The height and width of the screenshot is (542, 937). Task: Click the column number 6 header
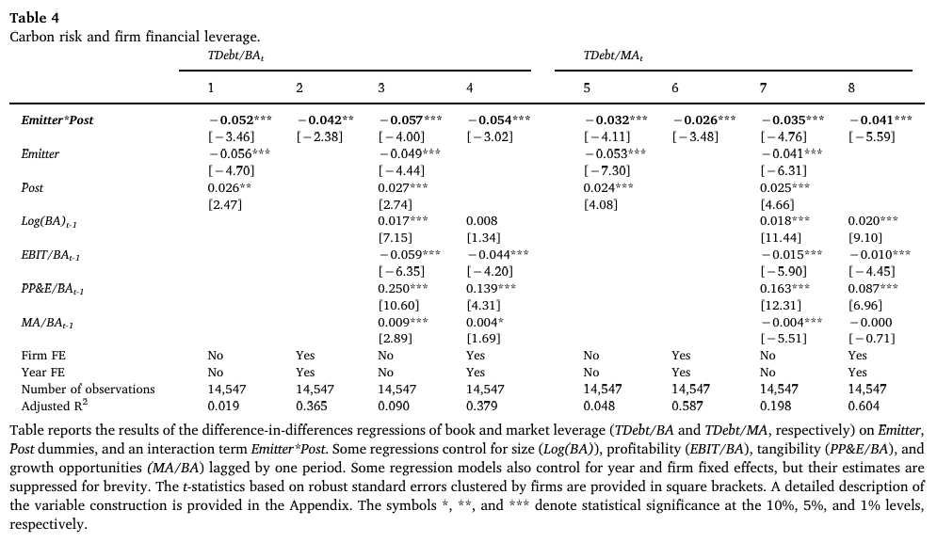(675, 88)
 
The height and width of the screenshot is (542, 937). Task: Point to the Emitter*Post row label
(57, 120)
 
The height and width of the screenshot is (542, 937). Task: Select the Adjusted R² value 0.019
(223, 406)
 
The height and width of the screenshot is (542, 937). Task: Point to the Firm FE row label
(43, 356)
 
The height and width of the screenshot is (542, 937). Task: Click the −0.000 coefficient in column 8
(869, 322)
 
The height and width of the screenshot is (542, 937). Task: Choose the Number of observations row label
(88, 389)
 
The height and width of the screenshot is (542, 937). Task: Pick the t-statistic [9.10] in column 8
(864, 237)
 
